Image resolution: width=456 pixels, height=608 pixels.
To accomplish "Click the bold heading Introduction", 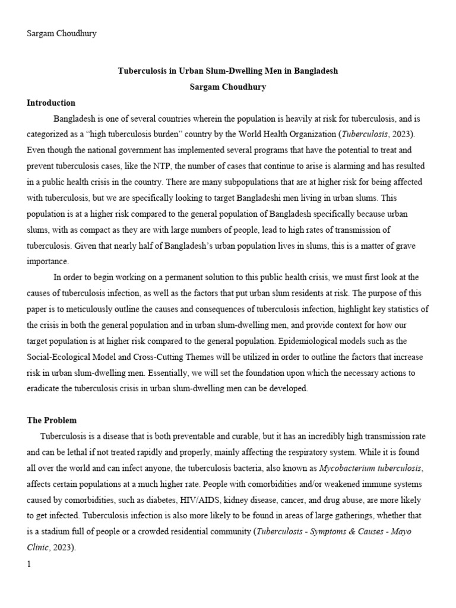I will [x=51, y=103].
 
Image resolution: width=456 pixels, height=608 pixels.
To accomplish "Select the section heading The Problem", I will [x=52, y=420].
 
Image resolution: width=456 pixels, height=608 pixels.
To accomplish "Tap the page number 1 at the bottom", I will [x=28, y=564].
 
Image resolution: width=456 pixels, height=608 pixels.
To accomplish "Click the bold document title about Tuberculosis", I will [x=227, y=71].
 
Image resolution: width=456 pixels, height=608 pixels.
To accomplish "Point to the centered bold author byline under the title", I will [x=227, y=87].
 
